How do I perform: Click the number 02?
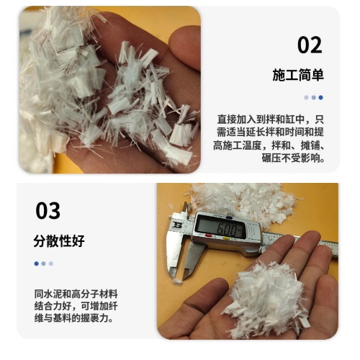coord(310,45)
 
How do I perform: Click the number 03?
coord(48,210)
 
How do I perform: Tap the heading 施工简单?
coord(298,75)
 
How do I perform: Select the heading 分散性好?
coord(59,241)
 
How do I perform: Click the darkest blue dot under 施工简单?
coord(321,97)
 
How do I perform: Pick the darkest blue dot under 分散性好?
coord(37,264)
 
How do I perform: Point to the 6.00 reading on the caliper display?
coord(227,230)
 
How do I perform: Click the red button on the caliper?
coord(208,235)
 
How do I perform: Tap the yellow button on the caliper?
coord(226,238)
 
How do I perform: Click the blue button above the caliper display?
coord(229,217)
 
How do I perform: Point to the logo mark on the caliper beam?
coord(178,225)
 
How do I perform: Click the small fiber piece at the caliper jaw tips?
coord(178,282)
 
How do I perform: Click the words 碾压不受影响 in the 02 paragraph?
coord(291,158)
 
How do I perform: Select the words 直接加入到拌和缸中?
coord(261,120)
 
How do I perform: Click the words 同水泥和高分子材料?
coord(76,294)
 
